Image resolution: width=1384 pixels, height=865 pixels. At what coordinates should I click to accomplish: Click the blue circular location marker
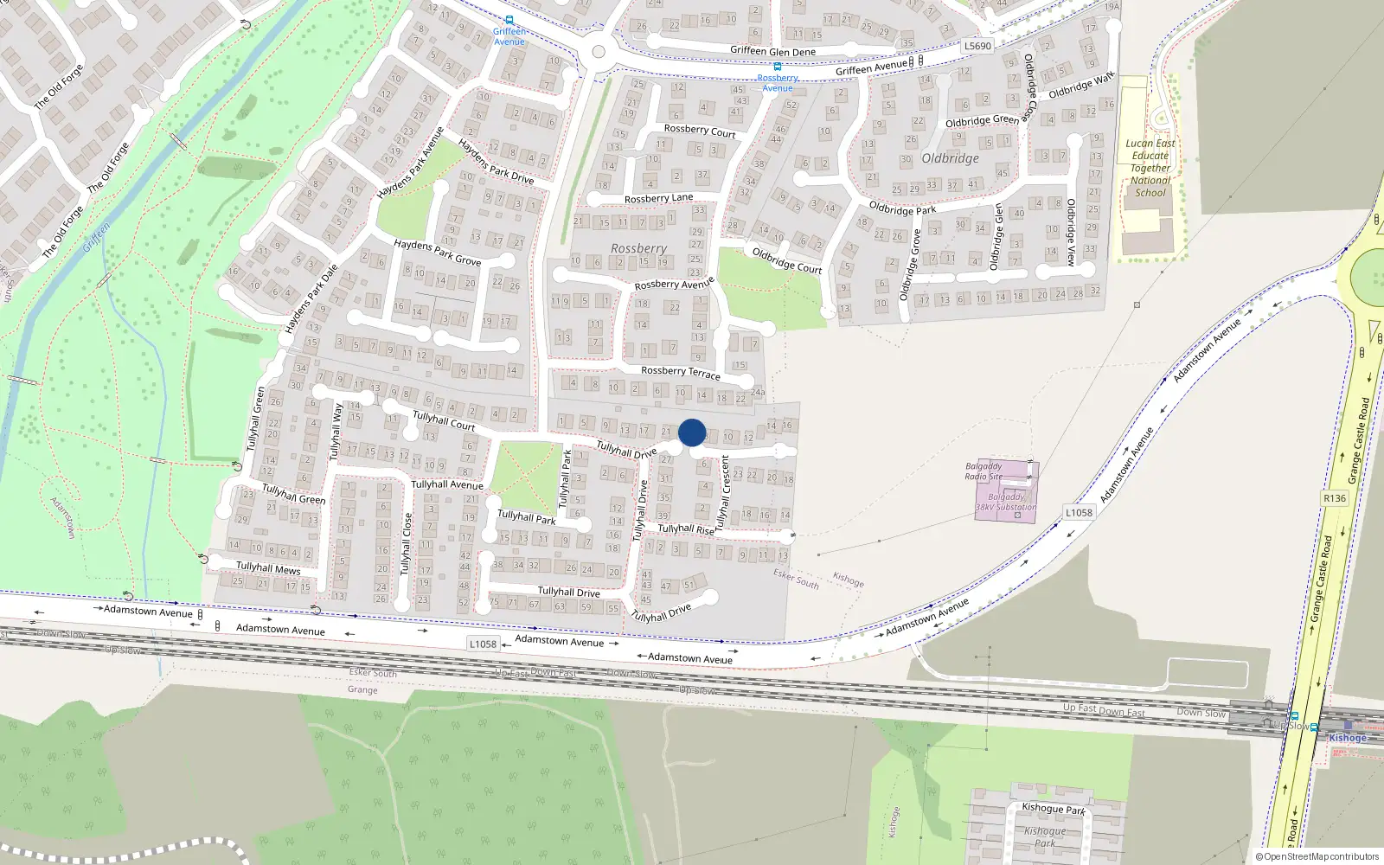click(692, 432)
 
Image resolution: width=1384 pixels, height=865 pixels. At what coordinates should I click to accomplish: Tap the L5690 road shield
click(977, 47)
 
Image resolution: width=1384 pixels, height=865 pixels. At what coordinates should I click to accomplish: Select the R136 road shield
click(1335, 498)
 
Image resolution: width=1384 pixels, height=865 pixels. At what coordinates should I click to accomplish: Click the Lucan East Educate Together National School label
click(1150, 168)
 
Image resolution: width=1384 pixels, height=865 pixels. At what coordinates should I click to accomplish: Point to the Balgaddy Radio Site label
click(984, 471)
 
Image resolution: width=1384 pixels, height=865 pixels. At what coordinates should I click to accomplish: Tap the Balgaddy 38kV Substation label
click(1005, 503)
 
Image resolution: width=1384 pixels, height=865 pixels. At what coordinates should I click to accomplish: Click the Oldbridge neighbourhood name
click(950, 158)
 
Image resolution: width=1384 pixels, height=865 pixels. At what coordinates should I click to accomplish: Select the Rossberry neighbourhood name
click(638, 248)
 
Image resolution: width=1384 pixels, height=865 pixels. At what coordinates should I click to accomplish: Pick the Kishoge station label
click(1348, 738)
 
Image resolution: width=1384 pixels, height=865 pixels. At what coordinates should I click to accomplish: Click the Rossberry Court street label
click(700, 131)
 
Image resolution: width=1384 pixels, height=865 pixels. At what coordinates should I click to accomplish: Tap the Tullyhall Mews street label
click(268, 568)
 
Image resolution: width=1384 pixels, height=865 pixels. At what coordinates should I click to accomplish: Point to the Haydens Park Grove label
click(437, 252)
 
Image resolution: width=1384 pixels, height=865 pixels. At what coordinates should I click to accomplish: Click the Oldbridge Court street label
click(786, 260)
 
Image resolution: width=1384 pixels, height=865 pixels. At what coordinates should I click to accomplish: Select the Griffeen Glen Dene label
click(772, 51)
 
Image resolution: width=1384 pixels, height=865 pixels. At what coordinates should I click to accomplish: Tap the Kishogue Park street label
click(1053, 809)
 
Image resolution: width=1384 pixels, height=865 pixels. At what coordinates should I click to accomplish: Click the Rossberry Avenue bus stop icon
click(777, 67)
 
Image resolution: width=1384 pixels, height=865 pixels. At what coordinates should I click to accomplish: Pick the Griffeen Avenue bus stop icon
click(509, 20)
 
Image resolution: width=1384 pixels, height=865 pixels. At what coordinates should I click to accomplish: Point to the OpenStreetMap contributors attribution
click(1317, 856)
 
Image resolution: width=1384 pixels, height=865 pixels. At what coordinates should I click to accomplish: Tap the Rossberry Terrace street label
click(680, 372)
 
